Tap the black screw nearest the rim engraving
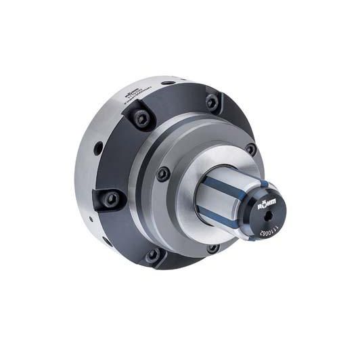pos(143,119)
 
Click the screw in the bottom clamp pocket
pos(154,255)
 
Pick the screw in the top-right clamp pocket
pos(212,102)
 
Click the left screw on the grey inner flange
pos(163,174)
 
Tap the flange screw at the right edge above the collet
pos(250,150)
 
